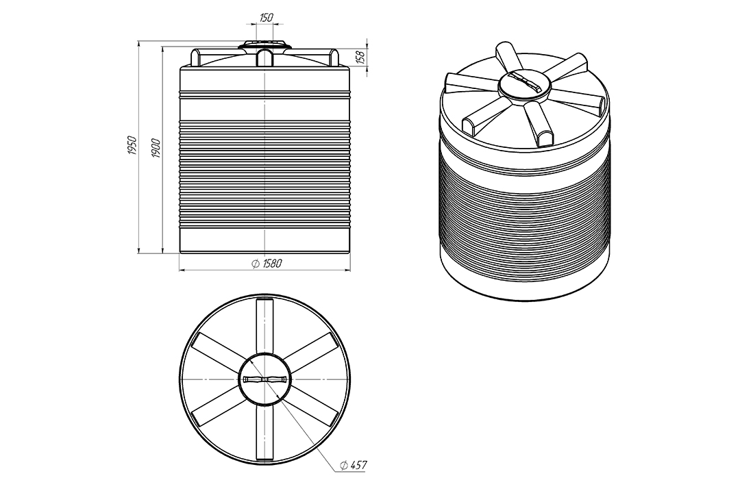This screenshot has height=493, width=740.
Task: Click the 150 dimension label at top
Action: point(266,17)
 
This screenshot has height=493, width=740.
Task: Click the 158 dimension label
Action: point(362,57)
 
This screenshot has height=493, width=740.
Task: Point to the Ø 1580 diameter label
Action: point(266,263)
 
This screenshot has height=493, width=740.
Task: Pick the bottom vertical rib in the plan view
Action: point(265,433)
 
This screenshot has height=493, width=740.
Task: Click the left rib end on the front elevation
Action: point(198,56)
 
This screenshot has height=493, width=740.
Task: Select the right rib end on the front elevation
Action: point(333,56)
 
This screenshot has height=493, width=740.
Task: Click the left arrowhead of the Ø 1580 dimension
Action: point(184,270)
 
